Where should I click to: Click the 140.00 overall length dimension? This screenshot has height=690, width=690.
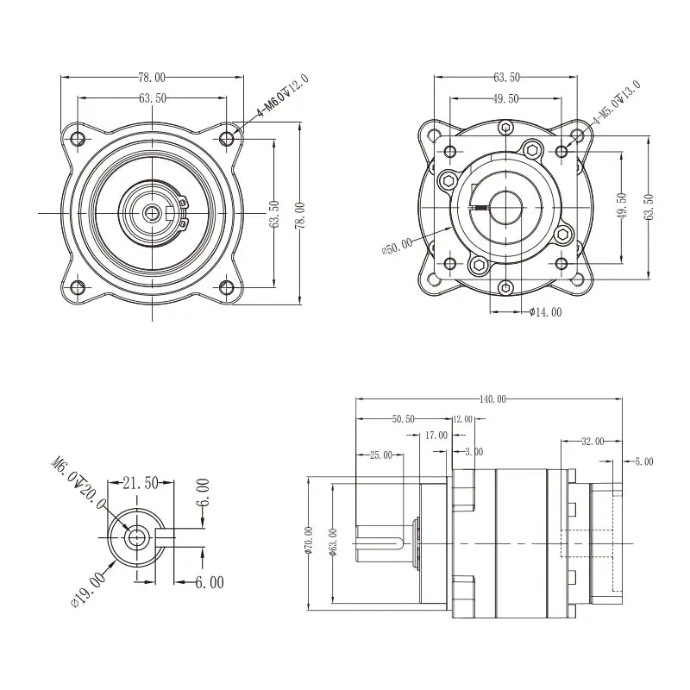[x=493, y=399]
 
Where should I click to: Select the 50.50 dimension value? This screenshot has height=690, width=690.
[x=403, y=419]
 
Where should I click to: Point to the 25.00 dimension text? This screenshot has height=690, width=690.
[x=380, y=455]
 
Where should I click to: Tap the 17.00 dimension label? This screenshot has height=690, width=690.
[x=436, y=436]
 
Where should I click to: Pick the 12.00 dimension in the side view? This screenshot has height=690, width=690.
[x=462, y=419]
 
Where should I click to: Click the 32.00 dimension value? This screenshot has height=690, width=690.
[x=593, y=441]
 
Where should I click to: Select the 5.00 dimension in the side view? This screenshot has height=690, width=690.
[x=644, y=462]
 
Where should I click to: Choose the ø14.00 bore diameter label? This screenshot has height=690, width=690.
[x=545, y=312]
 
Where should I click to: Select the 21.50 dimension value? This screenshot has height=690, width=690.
[x=138, y=483]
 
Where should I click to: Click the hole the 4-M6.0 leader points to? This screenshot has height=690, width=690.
[x=228, y=138]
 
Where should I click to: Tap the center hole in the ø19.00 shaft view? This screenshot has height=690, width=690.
[x=136, y=537]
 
